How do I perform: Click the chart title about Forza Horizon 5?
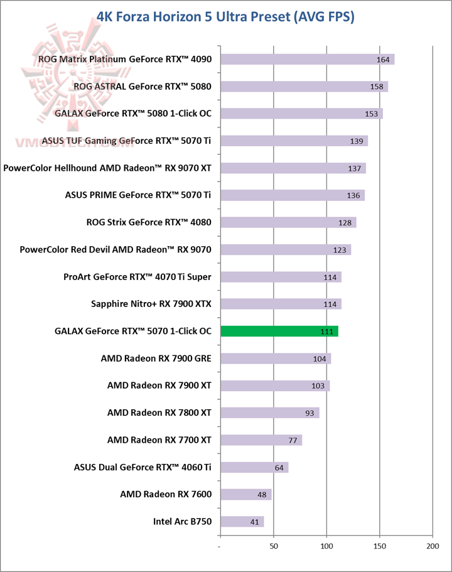pos(226,16)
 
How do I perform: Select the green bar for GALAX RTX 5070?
pos(279,332)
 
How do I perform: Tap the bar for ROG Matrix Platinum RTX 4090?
pos(307,60)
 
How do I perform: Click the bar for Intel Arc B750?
pos(242,521)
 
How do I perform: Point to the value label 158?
pos(377,87)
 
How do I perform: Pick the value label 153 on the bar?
pos(372,114)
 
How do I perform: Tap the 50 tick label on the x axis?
pos(274,546)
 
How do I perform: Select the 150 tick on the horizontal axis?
pos(380,546)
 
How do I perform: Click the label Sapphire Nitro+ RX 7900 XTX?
pos(151,304)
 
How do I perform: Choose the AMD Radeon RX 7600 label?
pos(166,494)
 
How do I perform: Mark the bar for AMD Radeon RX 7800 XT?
pos(269,413)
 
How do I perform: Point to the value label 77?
pos(292,440)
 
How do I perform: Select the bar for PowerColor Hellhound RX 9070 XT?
pos(293,168)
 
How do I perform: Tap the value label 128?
pos(345,223)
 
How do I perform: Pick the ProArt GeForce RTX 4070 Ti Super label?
pos(137,276)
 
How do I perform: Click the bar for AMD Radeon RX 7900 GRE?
pos(275,359)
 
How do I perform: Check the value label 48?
pos(261,495)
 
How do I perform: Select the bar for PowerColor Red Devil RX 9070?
pos(285,250)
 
